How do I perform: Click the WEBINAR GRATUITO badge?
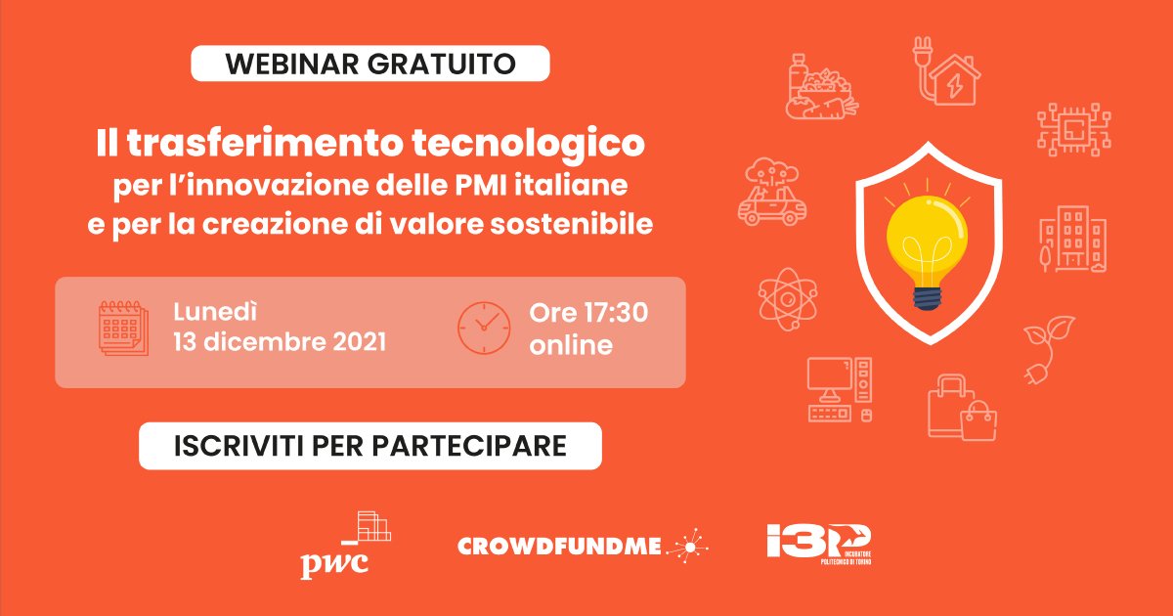[370, 64]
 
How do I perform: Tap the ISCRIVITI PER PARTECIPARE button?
[370, 446]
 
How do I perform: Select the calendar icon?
[123, 328]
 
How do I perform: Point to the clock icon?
[484, 328]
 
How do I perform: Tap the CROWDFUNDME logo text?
[559, 547]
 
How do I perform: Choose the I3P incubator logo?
[819, 545]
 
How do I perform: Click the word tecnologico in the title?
[529, 143]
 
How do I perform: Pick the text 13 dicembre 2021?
[280, 342]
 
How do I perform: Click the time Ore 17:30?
[588, 313]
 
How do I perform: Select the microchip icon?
[1074, 129]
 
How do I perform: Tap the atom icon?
[788, 299]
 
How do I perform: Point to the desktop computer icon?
[840, 389]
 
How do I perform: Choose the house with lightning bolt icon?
[947, 71]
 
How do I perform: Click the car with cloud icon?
[772, 192]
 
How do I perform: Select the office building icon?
[1073, 239]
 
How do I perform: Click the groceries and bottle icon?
[822, 86]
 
